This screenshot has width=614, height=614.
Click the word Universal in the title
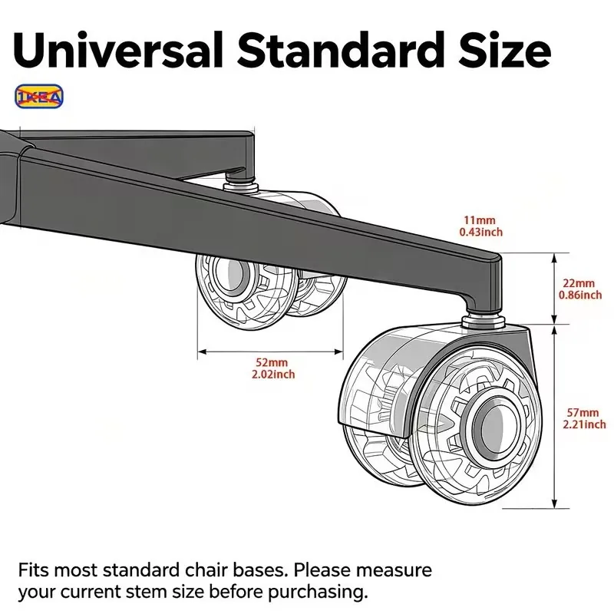(x=118, y=50)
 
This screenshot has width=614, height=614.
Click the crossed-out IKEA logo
(x=39, y=97)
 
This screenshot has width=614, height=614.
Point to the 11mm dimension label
(x=480, y=220)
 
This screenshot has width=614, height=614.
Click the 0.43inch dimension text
(x=481, y=232)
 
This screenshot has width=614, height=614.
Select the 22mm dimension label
(x=579, y=282)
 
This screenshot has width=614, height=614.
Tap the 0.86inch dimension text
(x=580, y=295)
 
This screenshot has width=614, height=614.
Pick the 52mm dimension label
(x=272, y=362)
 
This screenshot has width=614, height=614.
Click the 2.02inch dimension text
(x=273, y=375)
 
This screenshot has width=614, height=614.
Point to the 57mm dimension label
(x=583, y=412)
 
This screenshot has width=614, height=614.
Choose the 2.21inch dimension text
(x=584, y=424)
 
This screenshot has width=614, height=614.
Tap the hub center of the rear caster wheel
(x=233, y=273)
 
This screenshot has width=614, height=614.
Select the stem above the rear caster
(x=240, y=184)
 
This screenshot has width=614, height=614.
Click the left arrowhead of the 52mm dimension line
(x=202, y=352)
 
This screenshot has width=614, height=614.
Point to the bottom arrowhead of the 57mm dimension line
(x=554, y=504)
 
